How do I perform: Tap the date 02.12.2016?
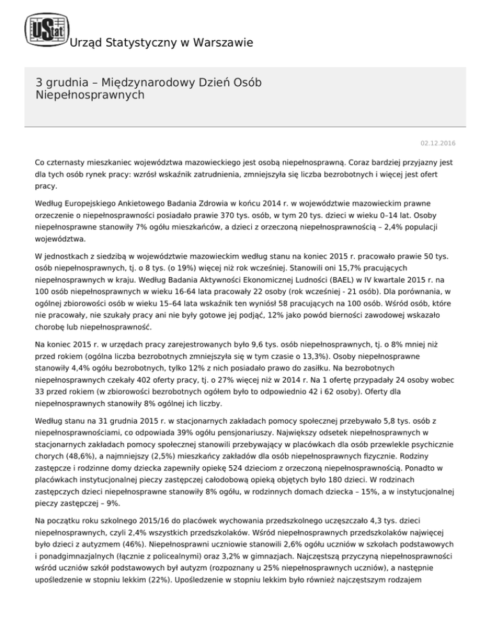[448, 143]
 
